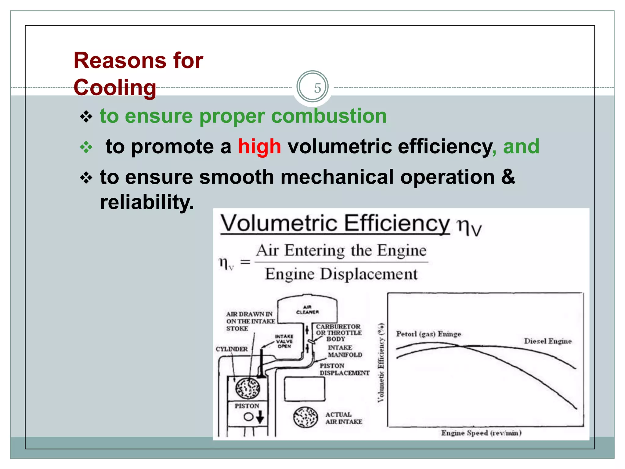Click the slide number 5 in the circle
pyautogui.click(x=317, y=88)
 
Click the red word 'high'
pyautogui.click(x=259, y=146)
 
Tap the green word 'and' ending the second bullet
pyautogui.click(x=521, y=146)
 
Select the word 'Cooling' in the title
pyautogui.click(x=115, y=88)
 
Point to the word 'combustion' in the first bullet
pyautogui.click(x=329, y=116)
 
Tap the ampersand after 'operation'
pyautogui.click(x=508, y=177)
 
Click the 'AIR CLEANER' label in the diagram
pyautogui.click(x=307, y=310)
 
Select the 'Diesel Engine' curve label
pyautogui.click(x=548, y=341)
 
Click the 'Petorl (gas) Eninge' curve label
pyautogui.click(x=428, y=334)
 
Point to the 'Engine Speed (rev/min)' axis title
pyautogui.click(x=481, y=433)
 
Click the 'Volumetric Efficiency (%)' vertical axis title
pyautogui.click(x=381, y=363)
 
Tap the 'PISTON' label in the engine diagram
pyautogui.click(x=247, y=406)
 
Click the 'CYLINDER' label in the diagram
pyautogui.click(x=232, y=349)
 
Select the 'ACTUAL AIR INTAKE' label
pyautogui.click(x=343, y=418)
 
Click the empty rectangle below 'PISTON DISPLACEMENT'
pyautogui.click(x=305, y=389)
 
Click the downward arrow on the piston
pyautogui.click(x=260, y=417)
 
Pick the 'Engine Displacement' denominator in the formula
pyautogui.click(x=341, y=274)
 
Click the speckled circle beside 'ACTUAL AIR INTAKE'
pyautogui.click(x=305, y=417)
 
